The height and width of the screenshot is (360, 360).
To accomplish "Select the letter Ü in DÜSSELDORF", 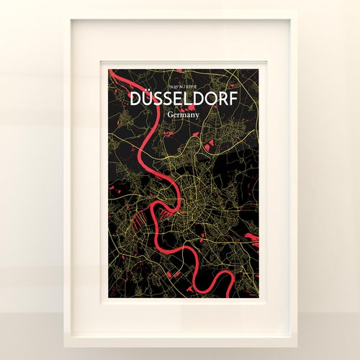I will tap(143, 99).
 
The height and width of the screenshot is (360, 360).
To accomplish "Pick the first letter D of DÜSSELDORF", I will tap(132, 99).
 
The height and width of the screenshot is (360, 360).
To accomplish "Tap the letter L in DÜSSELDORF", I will tap(184, 99).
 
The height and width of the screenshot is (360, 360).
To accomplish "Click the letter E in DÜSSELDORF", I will tap(174, 99).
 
